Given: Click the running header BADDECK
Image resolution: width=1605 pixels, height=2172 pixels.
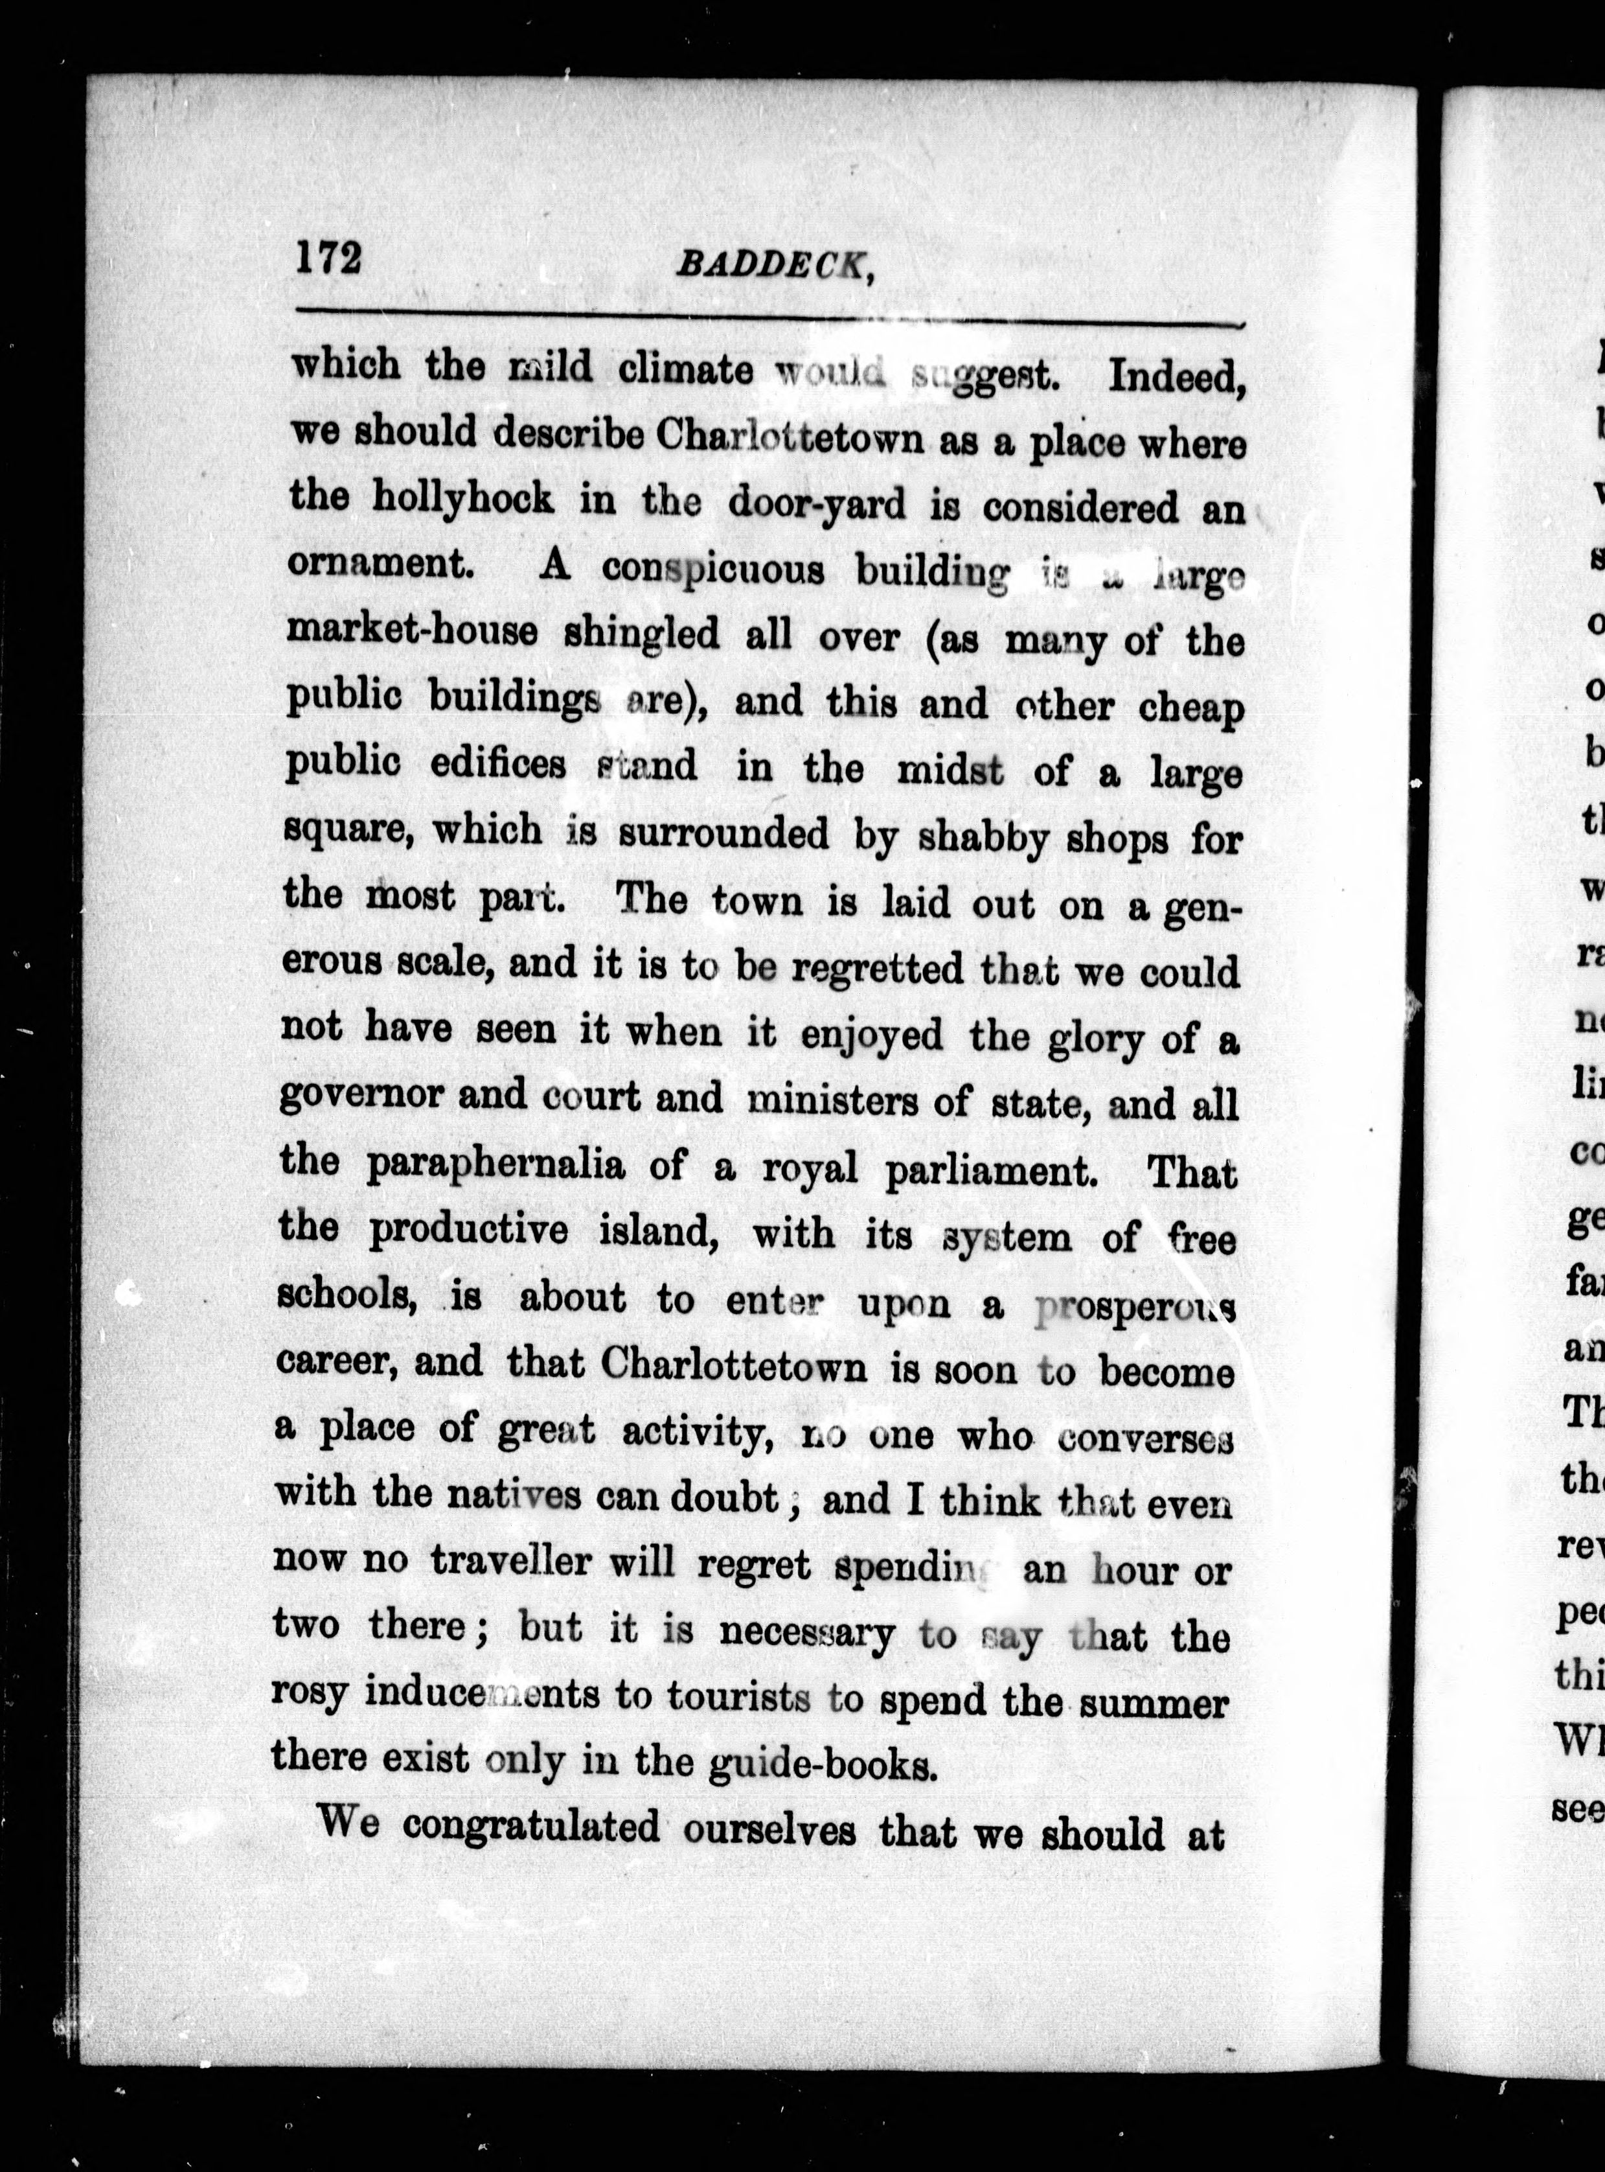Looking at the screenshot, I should point(772,265).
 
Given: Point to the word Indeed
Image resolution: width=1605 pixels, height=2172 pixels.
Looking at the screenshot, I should point(1176,376).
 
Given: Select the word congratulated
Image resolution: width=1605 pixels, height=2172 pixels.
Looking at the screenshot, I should point(530,1829).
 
